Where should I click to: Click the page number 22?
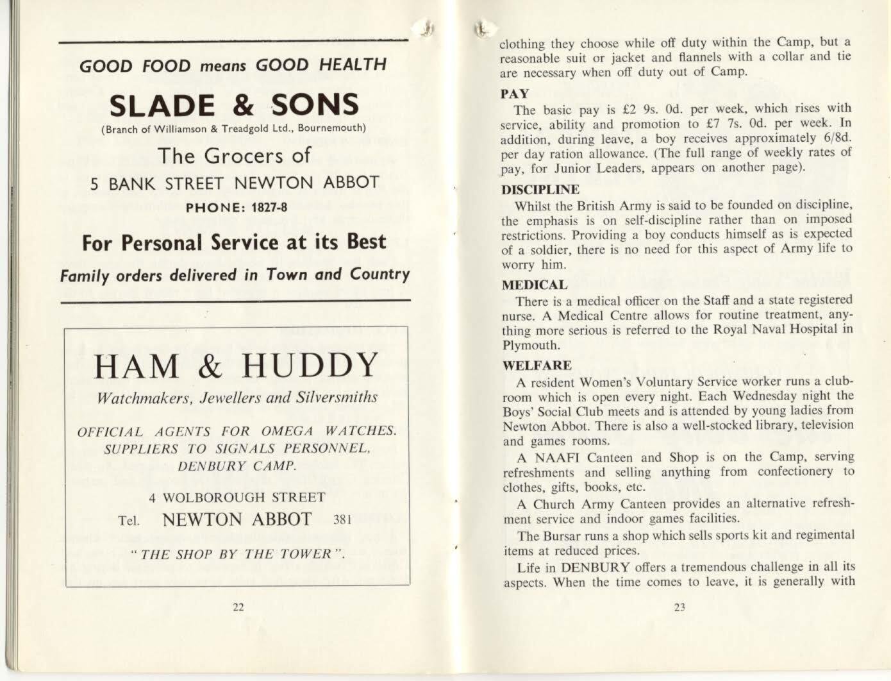[238, 607]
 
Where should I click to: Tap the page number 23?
[680, 607]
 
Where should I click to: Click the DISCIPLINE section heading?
[540, 190]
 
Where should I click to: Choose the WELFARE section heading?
[537, 366]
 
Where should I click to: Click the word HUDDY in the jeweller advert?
[310, 366]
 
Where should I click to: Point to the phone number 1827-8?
[264, 207]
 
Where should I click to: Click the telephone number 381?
[344, 520]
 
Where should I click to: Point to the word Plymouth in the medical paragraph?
[523, 345]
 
